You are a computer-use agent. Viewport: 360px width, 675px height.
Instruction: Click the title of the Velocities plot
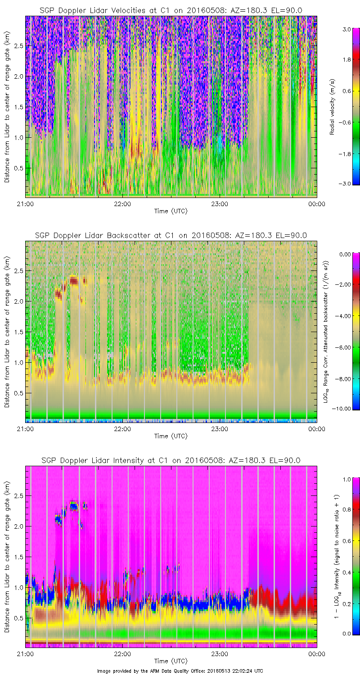[x=171, y=10]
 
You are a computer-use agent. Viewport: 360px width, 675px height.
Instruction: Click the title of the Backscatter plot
[x=171, y=235]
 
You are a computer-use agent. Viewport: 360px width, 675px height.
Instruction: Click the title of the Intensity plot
[x=171, y=460]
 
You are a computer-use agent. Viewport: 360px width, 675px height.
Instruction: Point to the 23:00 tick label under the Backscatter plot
[x=219, y=429]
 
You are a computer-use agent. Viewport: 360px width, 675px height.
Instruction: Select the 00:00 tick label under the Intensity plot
[x=317, y=654]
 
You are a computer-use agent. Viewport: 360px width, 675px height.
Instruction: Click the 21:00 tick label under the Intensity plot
[x=25, y=654]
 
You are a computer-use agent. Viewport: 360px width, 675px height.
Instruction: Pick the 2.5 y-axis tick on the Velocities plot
[x=18, y=46]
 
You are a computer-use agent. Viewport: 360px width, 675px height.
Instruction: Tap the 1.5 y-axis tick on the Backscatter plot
[x=18, y=332]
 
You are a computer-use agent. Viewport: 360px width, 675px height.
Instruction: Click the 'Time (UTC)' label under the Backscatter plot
[x=171, y=436]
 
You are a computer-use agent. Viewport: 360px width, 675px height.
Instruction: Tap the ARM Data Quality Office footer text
[x=180, y=671]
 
